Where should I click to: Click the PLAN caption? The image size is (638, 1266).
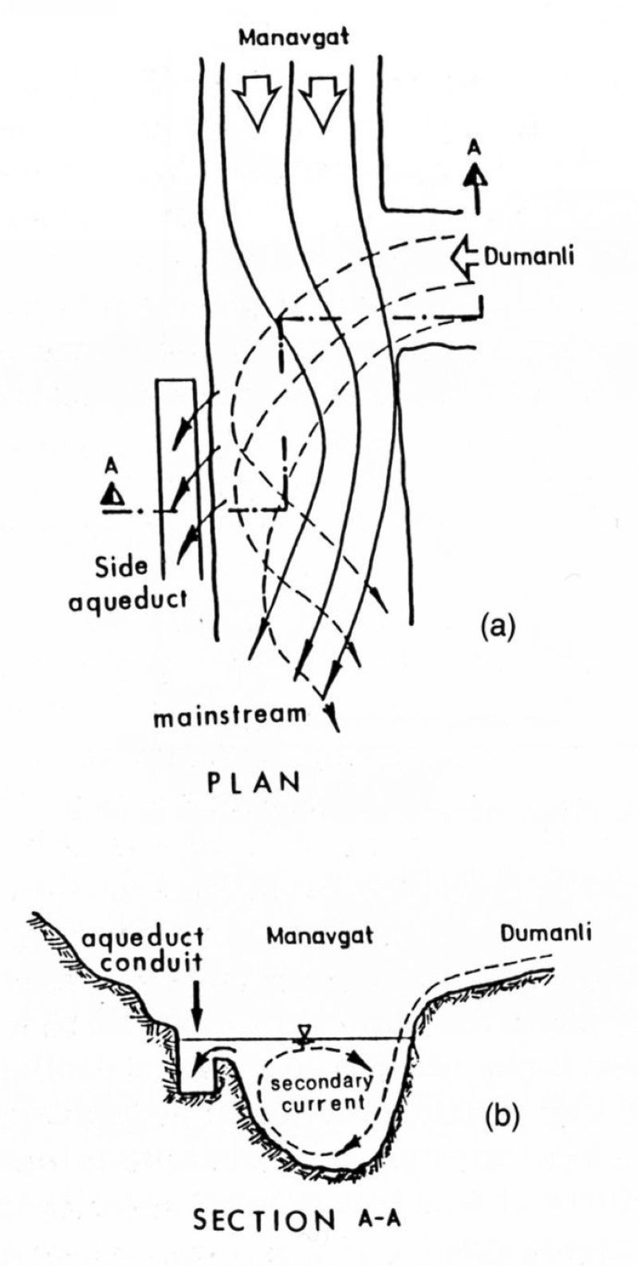click(x=254, y=781)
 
